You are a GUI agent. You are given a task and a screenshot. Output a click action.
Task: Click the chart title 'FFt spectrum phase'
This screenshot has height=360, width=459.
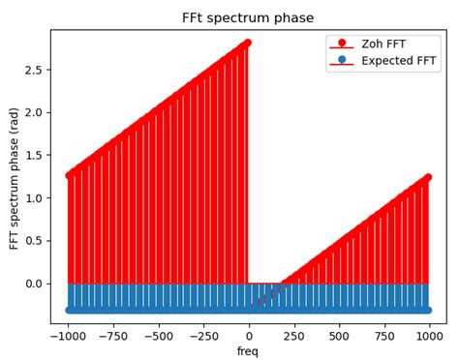(248, 17)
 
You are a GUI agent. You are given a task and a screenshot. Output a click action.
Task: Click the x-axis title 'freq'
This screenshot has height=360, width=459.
(248, 351)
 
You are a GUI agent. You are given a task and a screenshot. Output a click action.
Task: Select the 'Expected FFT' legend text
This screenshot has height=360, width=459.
(398, 61)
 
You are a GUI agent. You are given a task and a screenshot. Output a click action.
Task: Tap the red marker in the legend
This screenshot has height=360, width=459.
(342, 44)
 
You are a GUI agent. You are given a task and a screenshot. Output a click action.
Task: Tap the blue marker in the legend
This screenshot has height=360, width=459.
(342, 60)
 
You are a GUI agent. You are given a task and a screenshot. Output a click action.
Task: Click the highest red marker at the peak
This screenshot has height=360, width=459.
(247, 43)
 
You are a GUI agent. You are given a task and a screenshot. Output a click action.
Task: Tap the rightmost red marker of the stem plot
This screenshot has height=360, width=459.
(427, 177)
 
